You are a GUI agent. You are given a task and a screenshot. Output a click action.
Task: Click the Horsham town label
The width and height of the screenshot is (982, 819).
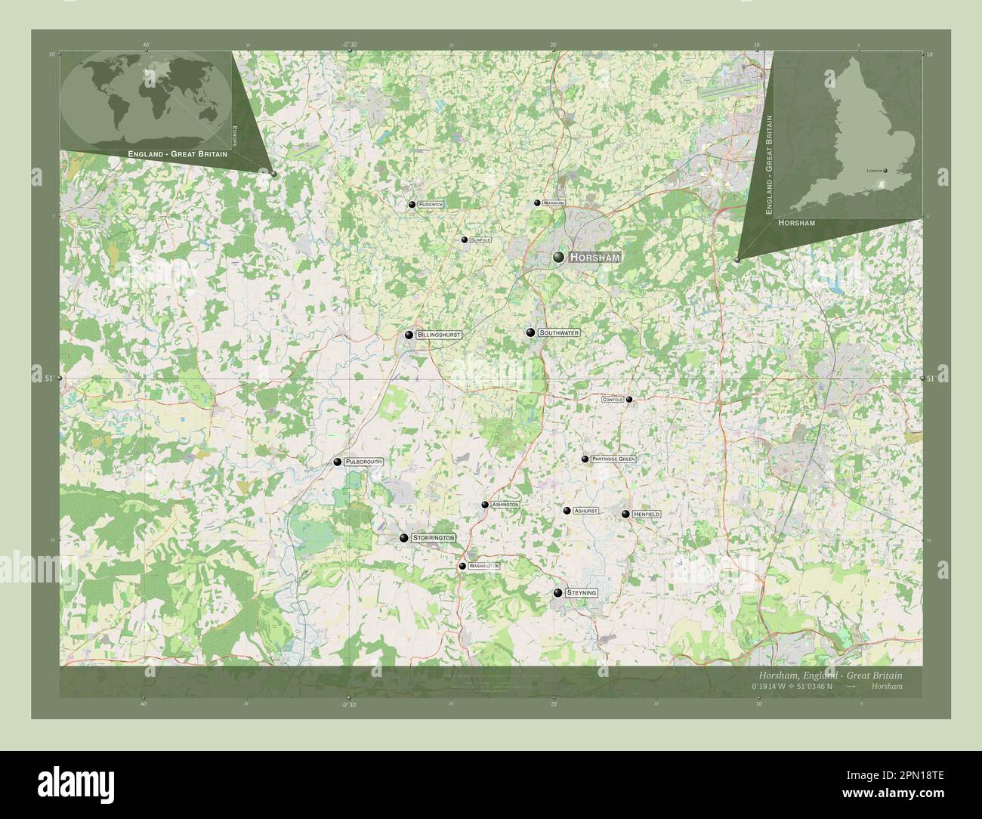[x=594, y=258]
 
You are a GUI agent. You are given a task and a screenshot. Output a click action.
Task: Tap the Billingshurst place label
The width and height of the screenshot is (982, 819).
[x=438, y=334]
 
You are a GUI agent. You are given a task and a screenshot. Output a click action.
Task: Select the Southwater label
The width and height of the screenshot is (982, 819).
[x=560, y=332]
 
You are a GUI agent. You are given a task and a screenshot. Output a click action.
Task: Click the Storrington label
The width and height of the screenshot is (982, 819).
[x=434, y=537]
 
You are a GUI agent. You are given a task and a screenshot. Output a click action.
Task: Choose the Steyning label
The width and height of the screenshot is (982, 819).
[x=581, y=593]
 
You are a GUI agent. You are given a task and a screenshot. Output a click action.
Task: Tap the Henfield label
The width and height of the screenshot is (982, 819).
[x=647, y=514]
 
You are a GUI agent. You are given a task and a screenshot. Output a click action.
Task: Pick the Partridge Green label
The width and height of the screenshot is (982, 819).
[x=613, y=459]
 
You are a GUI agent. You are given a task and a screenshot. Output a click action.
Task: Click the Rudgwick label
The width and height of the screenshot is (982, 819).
[x=431, y=205]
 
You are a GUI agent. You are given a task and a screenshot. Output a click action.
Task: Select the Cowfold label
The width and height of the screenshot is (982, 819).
[x=613, y=400]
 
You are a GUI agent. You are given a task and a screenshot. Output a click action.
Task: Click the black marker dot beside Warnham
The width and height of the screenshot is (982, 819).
[x=537, y=202]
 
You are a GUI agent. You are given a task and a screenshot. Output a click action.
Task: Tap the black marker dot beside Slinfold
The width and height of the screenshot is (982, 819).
[x=465, y=240]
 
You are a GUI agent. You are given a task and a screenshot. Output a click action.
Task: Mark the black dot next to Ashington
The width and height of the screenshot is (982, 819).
[x=485, y=505]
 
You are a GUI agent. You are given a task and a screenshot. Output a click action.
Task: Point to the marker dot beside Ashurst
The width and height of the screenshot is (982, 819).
[x=567, y=511]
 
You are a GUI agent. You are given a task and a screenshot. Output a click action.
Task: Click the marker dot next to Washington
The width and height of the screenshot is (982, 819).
[x=462, y=566]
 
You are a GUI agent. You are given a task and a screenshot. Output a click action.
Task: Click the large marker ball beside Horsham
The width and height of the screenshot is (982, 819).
[x=558, y=258]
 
